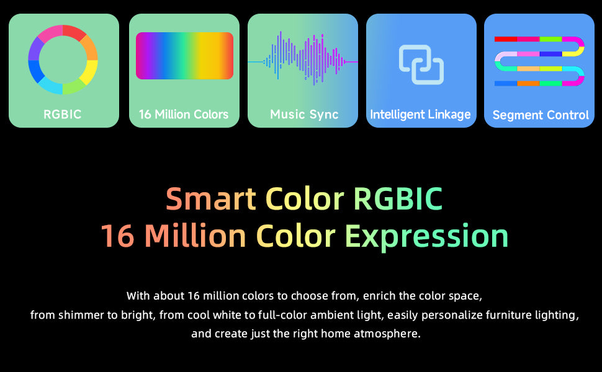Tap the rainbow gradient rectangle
(x=184, y=56)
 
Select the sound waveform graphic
(x=303, y=59)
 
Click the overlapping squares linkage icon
(x=421, y=64)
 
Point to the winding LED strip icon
(x=539, y=61)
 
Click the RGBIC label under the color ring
(x=62, y=114)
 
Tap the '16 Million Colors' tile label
(x=184, y=114)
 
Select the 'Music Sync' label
(x=304, y=114)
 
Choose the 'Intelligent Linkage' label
(x=420, y=115)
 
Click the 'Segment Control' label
(x=541, y=115)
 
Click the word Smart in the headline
(x=211, y=198)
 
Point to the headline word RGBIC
(x=398, y=198)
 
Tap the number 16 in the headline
(x=117, y=236)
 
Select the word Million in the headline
(x=195, y=235)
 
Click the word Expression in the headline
(x=426, y=236)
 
